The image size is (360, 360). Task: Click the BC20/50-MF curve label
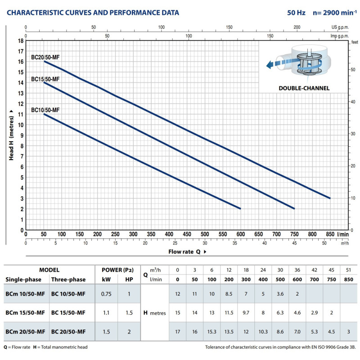45,58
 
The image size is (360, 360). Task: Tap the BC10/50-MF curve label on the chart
45,110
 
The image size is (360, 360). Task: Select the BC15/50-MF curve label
45,79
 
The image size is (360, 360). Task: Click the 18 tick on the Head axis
21,40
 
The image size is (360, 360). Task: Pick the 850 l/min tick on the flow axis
330,234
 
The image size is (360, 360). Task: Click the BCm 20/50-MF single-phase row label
25,332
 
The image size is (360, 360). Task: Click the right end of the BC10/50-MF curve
241,209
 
